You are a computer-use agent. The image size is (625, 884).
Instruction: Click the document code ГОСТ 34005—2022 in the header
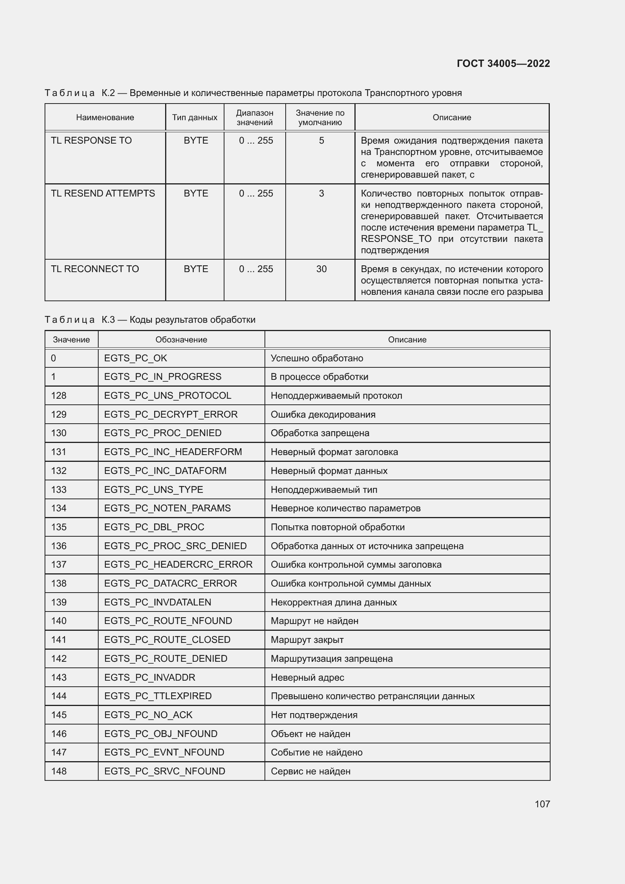(x=503, y=63)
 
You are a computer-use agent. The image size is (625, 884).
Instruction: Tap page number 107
(x=542, y=804)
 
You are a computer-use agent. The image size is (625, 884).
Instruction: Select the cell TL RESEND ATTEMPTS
(x=103, y=193)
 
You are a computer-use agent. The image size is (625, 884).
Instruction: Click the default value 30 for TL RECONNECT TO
(x=321, y=269)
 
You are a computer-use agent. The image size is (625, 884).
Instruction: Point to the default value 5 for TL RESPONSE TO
(x=321, y=141)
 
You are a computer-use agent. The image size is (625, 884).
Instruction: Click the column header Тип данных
(x=194, y=118)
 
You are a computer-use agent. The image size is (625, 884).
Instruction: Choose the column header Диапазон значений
(x=254, y=118)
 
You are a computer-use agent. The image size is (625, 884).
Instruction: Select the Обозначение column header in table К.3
(x=181, y=340)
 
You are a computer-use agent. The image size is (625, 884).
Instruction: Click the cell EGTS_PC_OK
(x=136, y=358)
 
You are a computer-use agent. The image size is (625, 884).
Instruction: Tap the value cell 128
(x=59, y=395)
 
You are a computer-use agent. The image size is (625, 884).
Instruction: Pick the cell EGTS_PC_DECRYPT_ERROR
(x=170, y=414)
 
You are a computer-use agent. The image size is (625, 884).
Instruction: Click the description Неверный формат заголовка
(x=334, y=452)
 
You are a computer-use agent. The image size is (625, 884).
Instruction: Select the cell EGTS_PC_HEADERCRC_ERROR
(x=178, y=564)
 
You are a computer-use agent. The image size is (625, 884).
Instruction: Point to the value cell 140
(x=59, y=621)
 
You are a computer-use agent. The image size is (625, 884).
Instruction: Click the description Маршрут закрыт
(x=307, y=639)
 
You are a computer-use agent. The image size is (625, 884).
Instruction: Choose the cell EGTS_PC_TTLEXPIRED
(x=158, y=696)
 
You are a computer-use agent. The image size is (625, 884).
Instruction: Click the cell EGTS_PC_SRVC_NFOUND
(x=164, y=771)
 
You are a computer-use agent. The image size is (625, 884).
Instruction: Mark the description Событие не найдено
(x=316, y=752)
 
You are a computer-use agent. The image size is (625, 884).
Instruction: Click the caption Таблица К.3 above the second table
(x=150, y=320)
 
